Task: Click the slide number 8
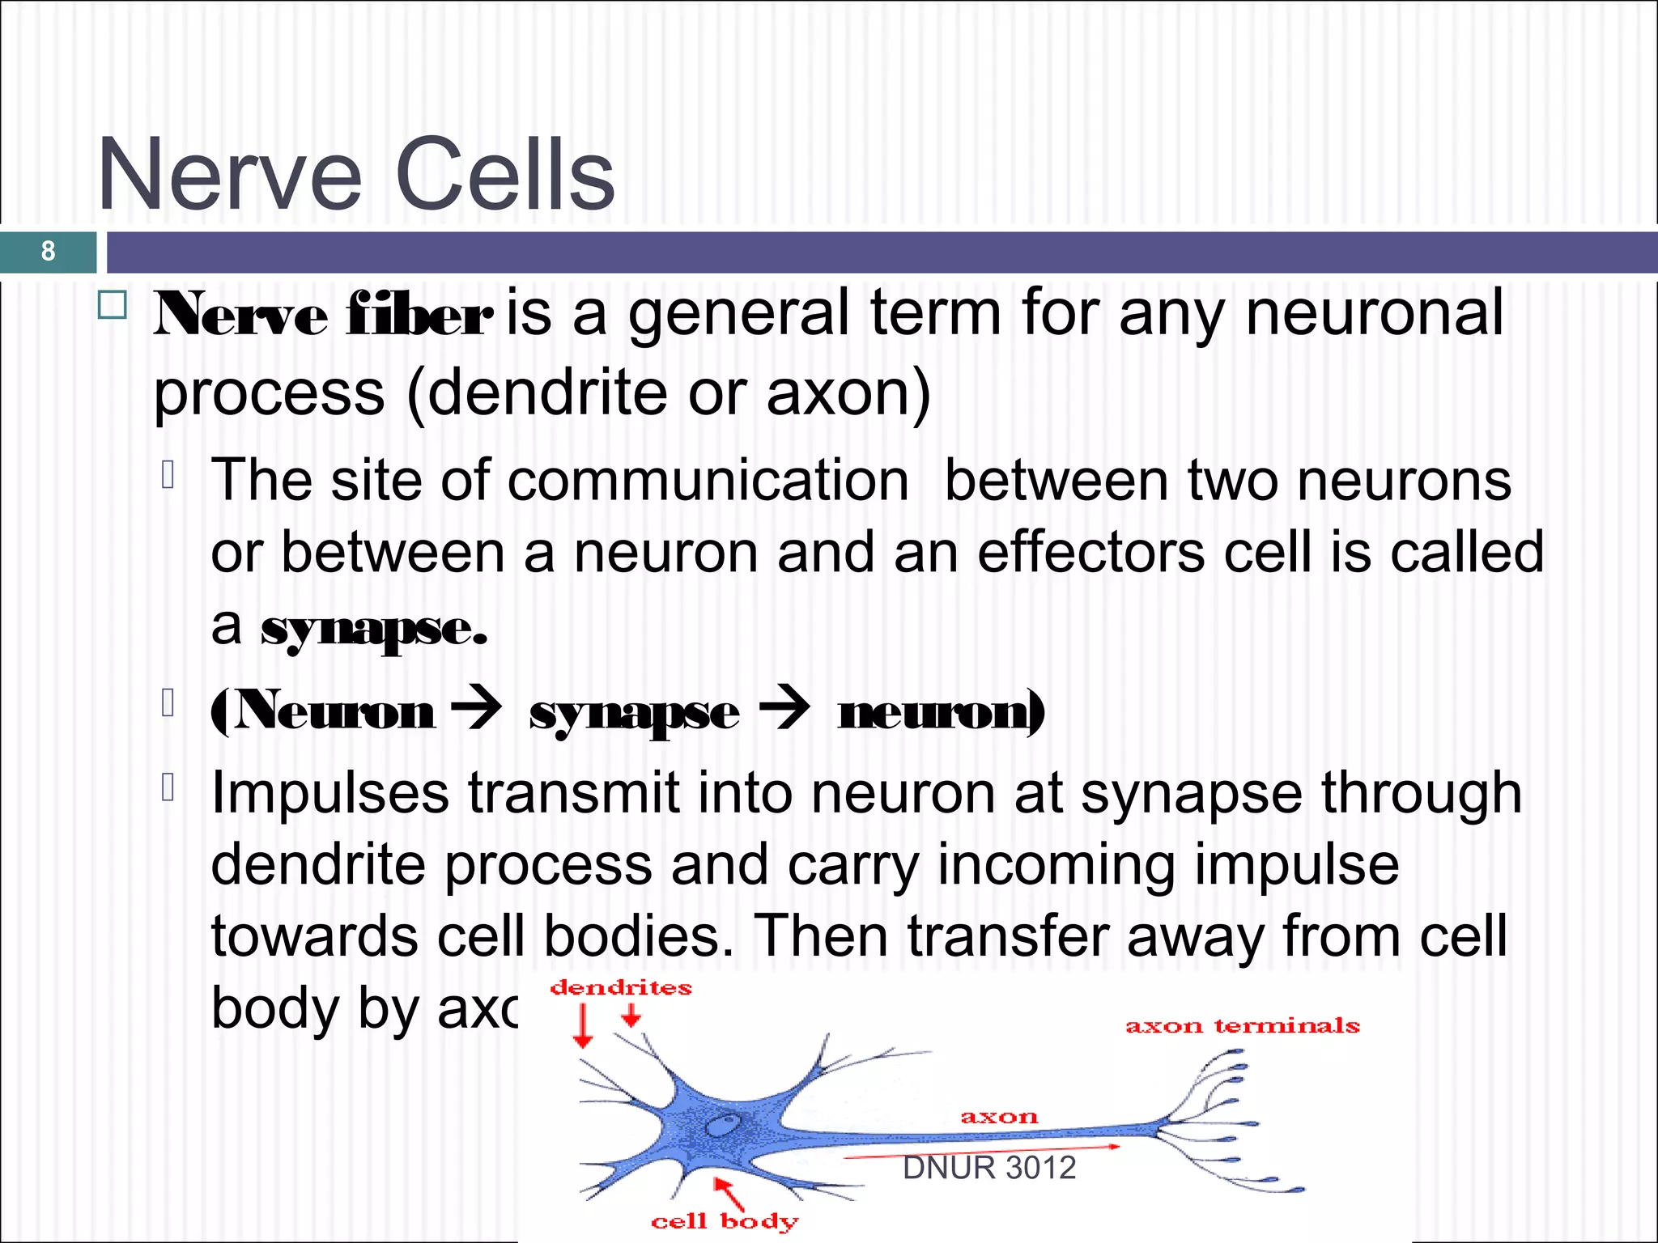pyautogui.click(x=48, y=251)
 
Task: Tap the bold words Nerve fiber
pyautogui.click(x=322, y=316)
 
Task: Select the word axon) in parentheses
pyautogui.click(x=848, y=393)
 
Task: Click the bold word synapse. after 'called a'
pyautogui.click(x=374, y=629)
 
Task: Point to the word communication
pyautogui.click(x=708, y=481)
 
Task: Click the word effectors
pyautogui.click(x=1090, y=553)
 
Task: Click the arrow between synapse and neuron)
pyautogui.click(x=784, y=710)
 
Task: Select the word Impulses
pyautogui.click(x=329, y=793)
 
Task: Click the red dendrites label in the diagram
pyautogui.click(x=621, y=987)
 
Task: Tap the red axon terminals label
pyautogui.click(x=1242, y=1026)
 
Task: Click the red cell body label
pyautogui.click(x=725, y=1221)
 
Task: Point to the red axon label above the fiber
pyautogui.click(x=999, y=1118)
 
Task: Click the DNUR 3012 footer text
pyautogui.click(x=989, y=1168)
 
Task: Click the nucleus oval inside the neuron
pyautogui.click(x=722, y=1124)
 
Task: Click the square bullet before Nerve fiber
pyautogui.click(x=113, y=306)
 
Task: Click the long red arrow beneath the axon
pyautogui.click(x=982, y=1152)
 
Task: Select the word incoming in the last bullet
pyautogui.click(x=1056, y=865)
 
